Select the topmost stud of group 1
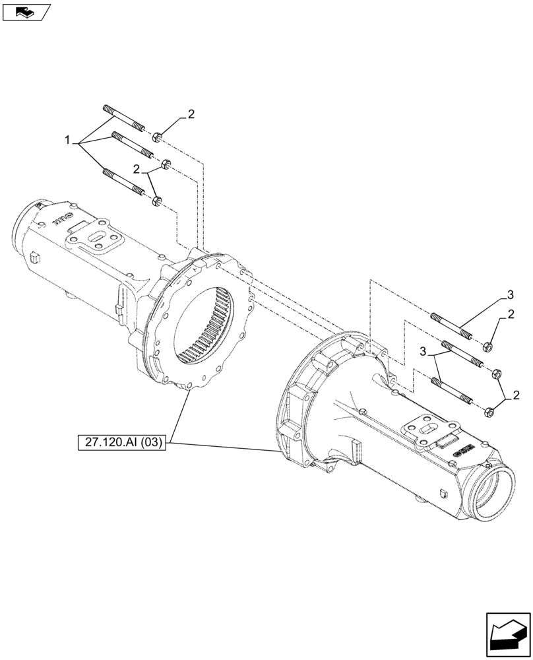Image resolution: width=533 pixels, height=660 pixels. click(123, 117)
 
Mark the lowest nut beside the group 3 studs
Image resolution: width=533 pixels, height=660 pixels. click(488, 412)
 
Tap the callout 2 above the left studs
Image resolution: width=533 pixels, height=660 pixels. click(191, 114)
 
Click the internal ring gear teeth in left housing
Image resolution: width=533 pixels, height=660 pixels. click(208, 326)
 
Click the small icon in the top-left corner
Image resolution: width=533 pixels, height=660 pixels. click(25, 11)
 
